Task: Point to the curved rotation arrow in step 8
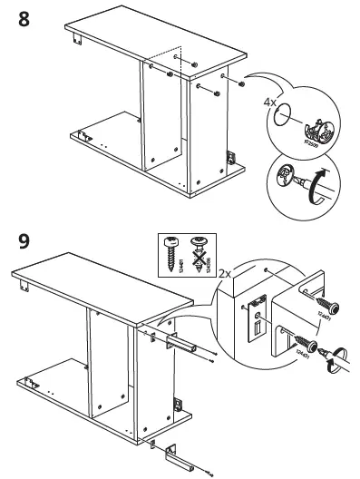point(314,180)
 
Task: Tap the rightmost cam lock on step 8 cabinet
point(243,84)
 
